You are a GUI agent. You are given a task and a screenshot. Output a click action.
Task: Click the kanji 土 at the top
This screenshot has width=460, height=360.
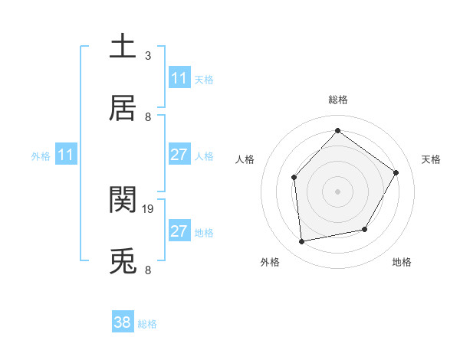(x=123, y=46)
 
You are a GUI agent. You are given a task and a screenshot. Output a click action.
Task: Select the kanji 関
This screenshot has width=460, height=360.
(x=123, y=200)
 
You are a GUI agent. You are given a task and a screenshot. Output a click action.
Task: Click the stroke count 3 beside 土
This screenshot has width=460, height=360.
(x=148, y=55)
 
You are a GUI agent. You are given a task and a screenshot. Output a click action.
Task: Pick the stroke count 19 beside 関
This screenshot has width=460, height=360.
(x=149, y=208)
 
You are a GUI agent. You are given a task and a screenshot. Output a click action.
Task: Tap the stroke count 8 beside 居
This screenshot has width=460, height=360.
(x=148, y=117)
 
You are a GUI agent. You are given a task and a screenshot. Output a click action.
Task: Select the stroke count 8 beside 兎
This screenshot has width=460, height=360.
(x=148, y=270)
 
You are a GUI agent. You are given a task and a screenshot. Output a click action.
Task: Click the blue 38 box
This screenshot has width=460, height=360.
(x=123, y=322)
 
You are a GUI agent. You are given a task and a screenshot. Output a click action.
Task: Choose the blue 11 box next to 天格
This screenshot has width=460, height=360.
(x=179, y=78)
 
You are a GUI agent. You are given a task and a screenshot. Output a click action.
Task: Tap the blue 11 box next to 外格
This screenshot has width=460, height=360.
(x=66, y=155)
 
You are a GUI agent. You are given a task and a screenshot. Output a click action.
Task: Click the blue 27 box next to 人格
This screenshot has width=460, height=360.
(x=179, y=155)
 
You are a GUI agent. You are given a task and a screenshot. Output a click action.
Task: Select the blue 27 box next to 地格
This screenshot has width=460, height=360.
(x=179, y=231)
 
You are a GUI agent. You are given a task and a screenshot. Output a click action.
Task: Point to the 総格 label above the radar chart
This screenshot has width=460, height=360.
(x=337, y=100)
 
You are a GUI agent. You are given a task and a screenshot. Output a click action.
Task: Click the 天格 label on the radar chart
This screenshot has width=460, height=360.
(x=431, y=159)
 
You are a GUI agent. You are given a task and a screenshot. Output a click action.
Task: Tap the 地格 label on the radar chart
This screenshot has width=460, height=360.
(x=402, y=262)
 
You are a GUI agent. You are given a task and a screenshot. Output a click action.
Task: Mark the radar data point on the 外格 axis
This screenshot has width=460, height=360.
(x=302, y=242)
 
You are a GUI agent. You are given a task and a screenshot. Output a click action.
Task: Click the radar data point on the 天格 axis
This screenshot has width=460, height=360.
(x=396, y=172)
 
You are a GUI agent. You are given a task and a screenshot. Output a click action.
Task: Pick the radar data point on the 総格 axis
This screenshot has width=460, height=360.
(x=337, y=131)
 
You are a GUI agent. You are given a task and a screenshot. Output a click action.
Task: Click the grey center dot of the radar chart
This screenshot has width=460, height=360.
(x=337, y=191)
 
